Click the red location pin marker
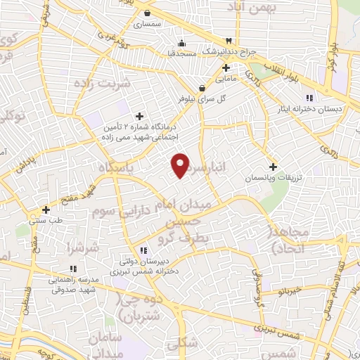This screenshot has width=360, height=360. (x=181, y=165)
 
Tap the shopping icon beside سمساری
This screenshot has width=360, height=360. (x=146, y=12)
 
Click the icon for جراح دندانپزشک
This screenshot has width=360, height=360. (x=228, y=40)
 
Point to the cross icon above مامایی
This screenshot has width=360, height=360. (x=226, y=68)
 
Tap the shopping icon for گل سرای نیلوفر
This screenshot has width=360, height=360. (x=202, y=88)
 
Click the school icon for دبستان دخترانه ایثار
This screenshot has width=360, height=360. (x=309, y=98)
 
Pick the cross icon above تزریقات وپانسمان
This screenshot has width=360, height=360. (x=273, y=167)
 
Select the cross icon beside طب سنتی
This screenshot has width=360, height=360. (x=46, y=209)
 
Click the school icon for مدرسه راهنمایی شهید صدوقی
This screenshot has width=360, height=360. (x=73, y=268)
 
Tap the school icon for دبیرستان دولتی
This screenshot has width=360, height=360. (x=143, y=250)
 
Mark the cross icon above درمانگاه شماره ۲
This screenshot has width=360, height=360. (x=139, y=115)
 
